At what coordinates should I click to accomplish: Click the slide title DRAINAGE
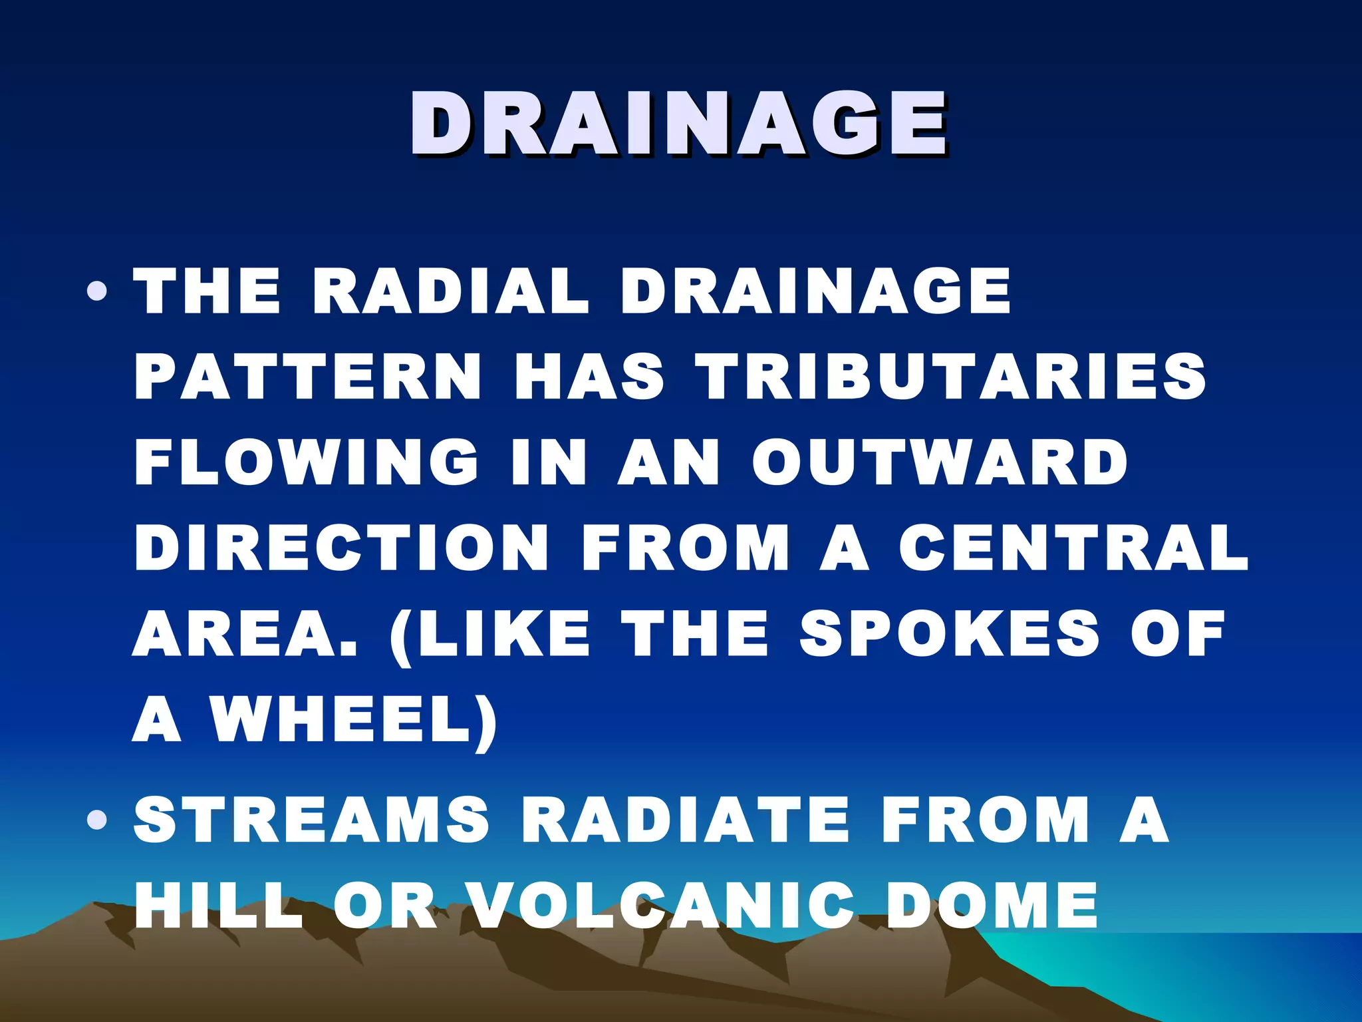coord(678,124)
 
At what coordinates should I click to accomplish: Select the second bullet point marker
coord(97,820)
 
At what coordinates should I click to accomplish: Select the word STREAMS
coord(311,820)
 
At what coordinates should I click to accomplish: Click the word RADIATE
coord(686,820)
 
